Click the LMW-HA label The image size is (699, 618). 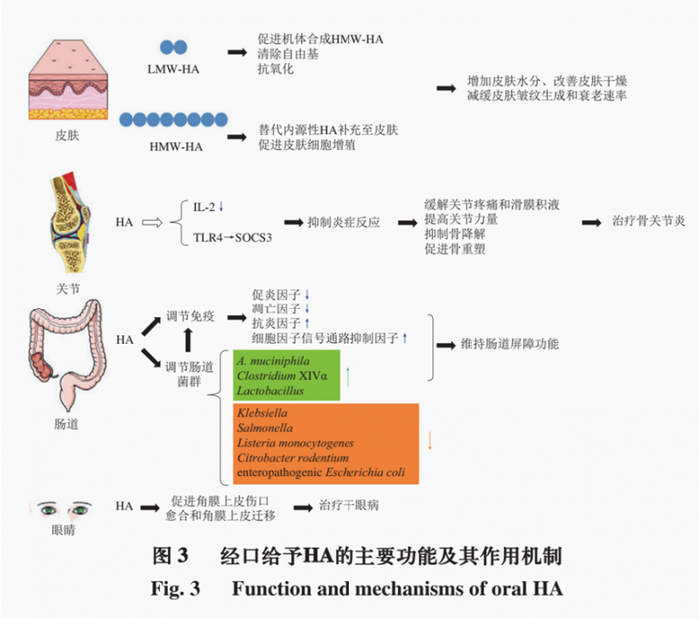173,69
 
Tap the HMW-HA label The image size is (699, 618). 176,147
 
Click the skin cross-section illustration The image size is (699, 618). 68,79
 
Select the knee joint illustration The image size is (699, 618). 70,222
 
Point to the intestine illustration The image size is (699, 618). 67,354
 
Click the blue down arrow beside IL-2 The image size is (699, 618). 221,207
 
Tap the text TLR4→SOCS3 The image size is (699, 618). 232,237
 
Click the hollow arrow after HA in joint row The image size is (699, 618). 152,222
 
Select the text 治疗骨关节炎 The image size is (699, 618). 649,221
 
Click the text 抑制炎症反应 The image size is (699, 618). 344,222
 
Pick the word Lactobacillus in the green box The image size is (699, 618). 270,391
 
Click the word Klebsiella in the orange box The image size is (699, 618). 262,413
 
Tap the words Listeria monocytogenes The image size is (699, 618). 296,443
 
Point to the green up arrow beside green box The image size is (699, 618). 348,377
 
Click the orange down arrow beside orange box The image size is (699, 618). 430,440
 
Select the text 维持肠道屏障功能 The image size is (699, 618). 510,344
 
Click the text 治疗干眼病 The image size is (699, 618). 349,505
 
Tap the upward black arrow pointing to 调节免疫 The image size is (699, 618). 188,340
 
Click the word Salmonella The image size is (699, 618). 265,428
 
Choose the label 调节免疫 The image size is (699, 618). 190,316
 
